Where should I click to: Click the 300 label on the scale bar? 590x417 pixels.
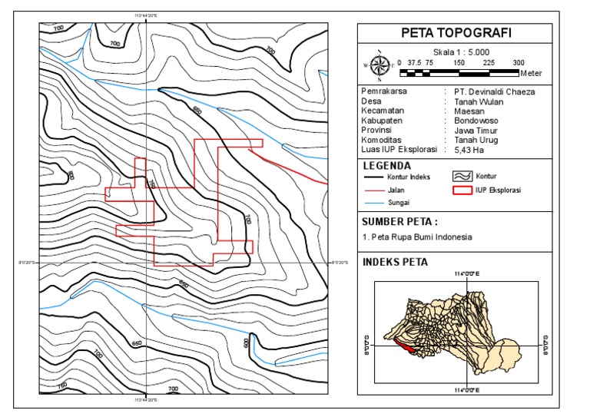coord(519,63)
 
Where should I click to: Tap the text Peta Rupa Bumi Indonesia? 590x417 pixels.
coord(421,237)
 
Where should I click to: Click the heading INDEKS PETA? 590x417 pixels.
coord(395,262)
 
